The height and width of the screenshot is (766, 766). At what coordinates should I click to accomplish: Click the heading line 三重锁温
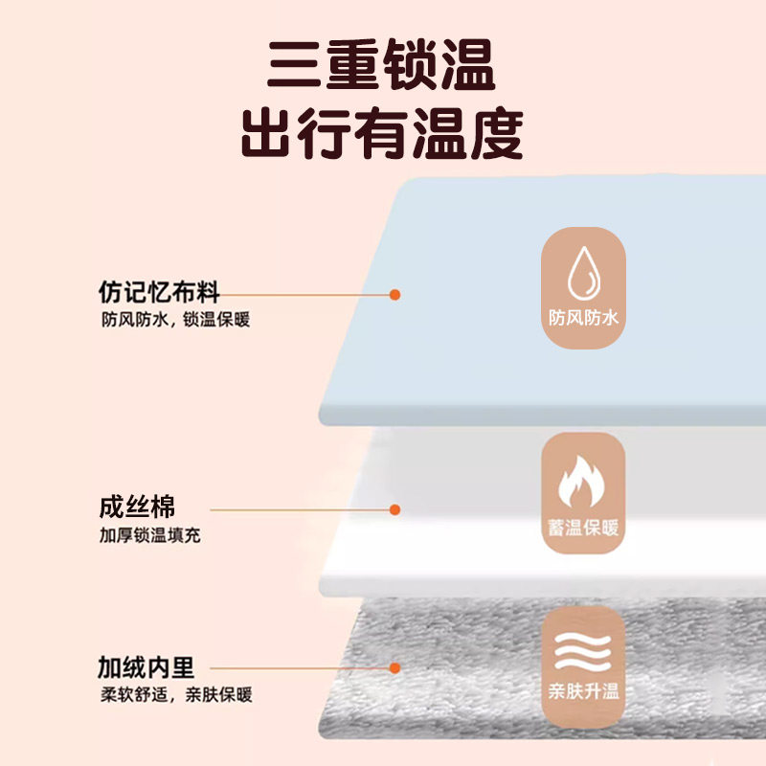[382, 67]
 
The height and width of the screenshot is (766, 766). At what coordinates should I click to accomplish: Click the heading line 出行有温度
[382, 134]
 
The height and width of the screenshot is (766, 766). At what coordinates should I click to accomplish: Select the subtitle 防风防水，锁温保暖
[175, 320]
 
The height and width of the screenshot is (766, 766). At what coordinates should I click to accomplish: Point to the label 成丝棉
[137, 507]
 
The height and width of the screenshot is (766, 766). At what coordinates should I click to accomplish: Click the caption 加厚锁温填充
[151, 534]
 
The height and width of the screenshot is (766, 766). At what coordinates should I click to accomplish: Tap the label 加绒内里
[146, 665]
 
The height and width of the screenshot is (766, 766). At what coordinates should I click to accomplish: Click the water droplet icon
[582, 274]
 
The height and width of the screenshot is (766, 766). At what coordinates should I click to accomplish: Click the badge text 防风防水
[583, 317]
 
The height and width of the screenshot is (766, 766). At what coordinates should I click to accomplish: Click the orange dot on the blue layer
[394, 294]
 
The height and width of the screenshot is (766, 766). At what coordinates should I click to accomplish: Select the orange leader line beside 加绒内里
[297, 668]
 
